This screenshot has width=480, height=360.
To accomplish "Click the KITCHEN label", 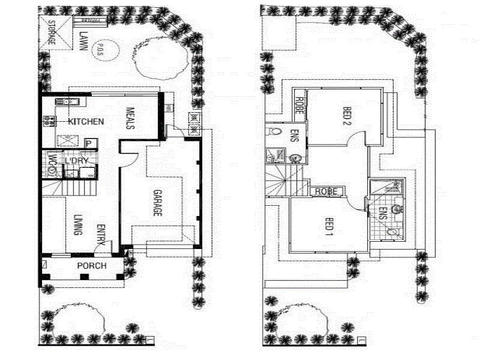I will tap(86, 122).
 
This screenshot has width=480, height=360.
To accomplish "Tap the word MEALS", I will tap(130, 118).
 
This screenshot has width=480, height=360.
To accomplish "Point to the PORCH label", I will tap(91, 266).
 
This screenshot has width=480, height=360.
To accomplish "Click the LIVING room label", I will tap(77, 225).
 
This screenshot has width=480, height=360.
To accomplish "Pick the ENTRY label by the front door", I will tap(101, 235).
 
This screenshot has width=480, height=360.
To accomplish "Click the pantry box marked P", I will tap(88, 143).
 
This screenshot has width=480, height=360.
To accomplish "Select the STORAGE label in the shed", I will tap(52, 32).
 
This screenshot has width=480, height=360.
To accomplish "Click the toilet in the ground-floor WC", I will tap(52, 171).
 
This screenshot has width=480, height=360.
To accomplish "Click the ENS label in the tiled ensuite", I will tap(383, 214).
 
